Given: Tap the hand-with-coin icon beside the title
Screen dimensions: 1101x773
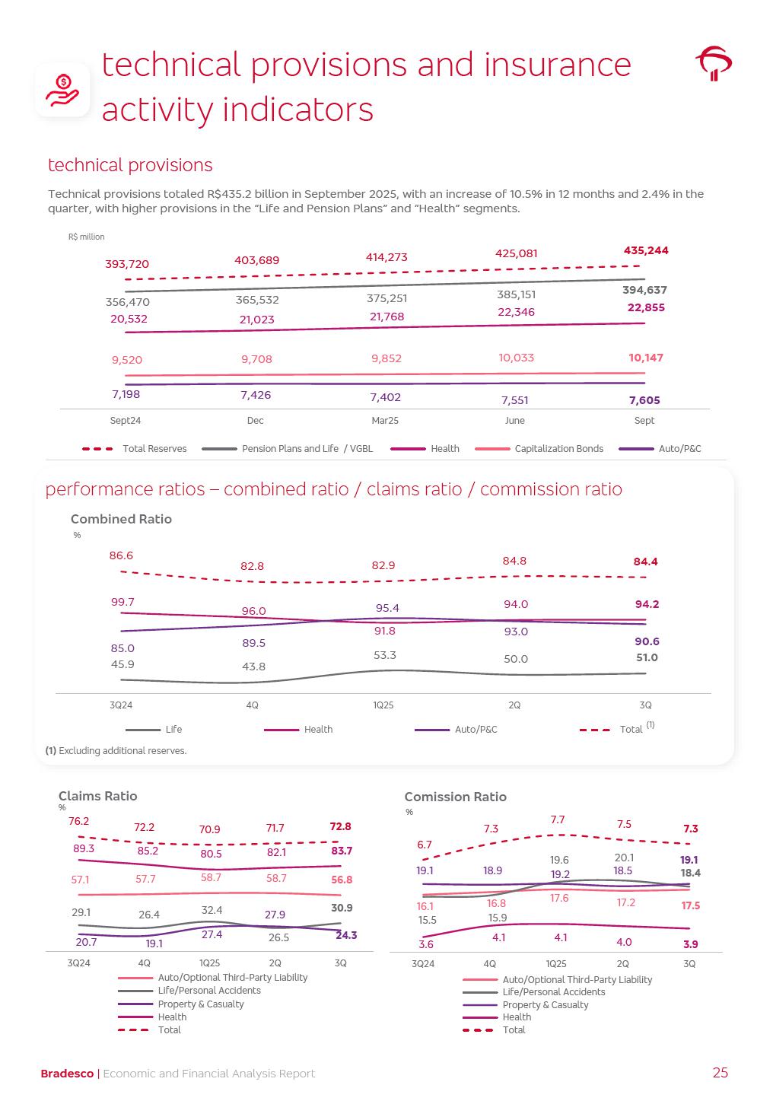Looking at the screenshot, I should [62, 90].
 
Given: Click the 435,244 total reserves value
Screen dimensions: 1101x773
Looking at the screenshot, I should [646, 250].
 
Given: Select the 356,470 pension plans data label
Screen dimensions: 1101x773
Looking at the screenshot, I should [128, 302].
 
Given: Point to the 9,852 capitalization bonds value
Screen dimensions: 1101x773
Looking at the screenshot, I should [386, 358].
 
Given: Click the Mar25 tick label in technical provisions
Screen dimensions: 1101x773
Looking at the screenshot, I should [385, 421].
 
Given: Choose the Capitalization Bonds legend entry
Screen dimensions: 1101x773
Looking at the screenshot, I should [558, 449].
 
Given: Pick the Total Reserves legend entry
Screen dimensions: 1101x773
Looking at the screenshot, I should [154, 449].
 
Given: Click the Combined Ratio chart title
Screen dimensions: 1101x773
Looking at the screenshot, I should [121, 519].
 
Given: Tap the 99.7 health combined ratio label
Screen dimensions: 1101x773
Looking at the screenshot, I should [122, 602].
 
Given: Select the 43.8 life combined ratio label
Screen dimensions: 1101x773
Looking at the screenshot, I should [253, 667].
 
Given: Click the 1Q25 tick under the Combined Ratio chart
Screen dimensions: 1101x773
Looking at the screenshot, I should [383, 705].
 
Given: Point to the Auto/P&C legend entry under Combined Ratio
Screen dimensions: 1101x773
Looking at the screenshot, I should [476, 730].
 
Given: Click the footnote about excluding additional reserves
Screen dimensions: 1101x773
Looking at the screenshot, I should [116, 751].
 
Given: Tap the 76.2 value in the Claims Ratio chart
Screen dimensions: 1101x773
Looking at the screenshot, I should [79, 821].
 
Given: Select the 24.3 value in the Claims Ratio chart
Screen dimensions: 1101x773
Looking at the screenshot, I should [346, 935].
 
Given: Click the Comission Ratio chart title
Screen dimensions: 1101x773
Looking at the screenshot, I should [455, 797].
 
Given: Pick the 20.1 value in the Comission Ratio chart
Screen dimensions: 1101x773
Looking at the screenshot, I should [624, 858].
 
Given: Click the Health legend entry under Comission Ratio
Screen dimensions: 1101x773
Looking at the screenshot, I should [517, 1017].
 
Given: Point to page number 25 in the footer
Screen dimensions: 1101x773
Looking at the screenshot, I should [720, 1073].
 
